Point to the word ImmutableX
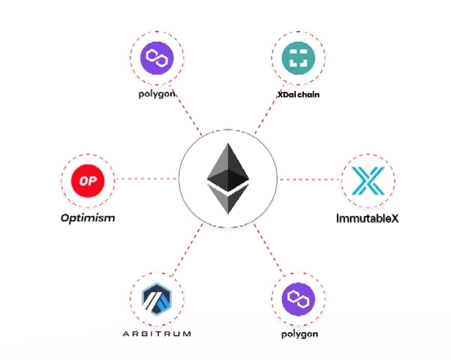(x=368, y=217)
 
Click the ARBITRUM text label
(x=157, y=334)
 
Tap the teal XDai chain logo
(x=299, y=58)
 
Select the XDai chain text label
(x=298, y=95)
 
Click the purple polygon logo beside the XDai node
(x=157, y=58)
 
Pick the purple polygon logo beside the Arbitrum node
(x=299, y=300)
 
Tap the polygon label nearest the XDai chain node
(x=157, y=95)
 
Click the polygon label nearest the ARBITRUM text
(x=299, y=334)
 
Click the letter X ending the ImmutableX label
(x=395, y=217)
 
